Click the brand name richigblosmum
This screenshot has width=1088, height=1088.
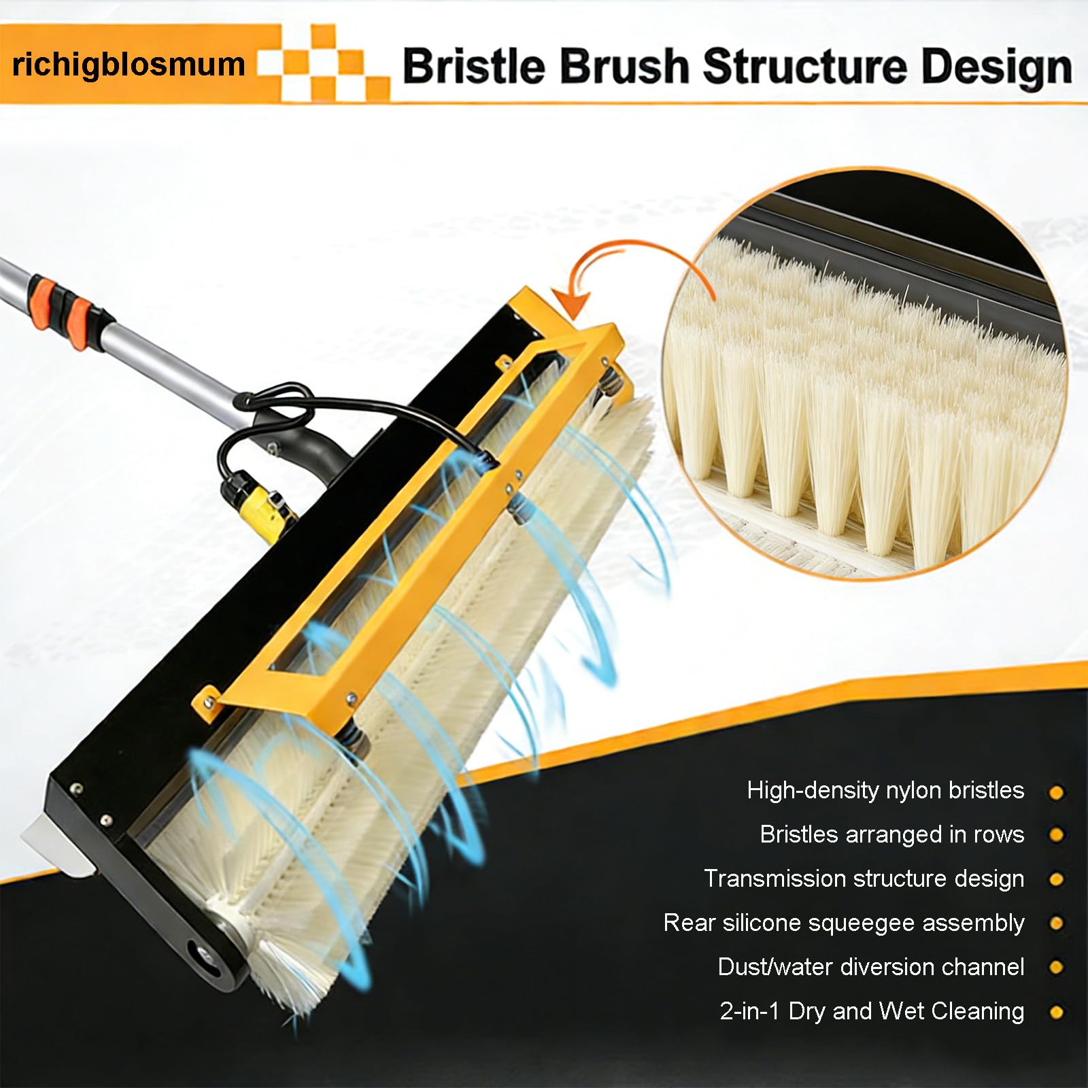click(x=129, y=65)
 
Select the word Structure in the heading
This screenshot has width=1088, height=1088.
click(x=804, y=66)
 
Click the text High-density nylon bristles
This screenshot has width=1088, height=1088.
click(x=885, y=790)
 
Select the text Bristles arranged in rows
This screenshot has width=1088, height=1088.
click(x=892, y=834)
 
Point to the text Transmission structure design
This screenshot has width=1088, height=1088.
click(x=864, y=879)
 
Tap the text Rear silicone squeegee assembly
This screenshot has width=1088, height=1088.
click(x=844, y=923)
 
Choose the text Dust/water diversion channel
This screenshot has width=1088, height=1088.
click(x=871, y=967)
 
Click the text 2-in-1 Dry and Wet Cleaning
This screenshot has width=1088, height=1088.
click(x=872, y=1011)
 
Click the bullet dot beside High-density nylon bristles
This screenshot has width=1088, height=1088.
click(x=1056, y=792)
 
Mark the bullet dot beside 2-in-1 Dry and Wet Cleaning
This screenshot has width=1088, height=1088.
click(x=1056, y=1013)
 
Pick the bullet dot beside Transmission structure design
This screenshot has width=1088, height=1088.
click(x=1056, y=879)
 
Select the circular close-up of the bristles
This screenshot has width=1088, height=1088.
click(x=865, y=373)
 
